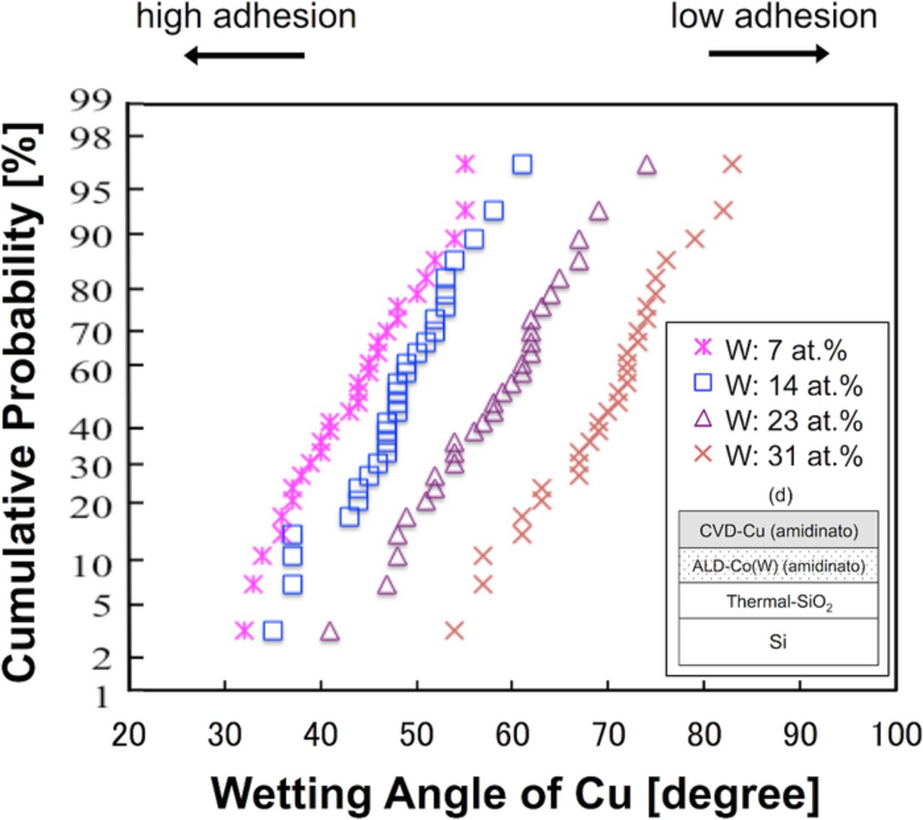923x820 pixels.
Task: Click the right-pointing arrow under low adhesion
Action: click(769, 53)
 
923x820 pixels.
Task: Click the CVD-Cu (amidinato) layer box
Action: click(779, 531)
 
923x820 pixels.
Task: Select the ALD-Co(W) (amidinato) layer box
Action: click(779, 566)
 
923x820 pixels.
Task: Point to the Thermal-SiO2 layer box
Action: click(779, 601)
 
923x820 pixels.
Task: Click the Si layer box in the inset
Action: click(779, 641)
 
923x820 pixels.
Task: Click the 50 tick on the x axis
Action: click(417, 734)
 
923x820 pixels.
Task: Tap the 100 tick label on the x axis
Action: click(896, 734)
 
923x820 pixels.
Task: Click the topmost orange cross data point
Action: click(732, 165)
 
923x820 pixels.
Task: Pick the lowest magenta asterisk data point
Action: click(244, 631)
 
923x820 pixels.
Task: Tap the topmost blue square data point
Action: click(522, 165)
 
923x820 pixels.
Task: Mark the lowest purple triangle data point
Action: click(330, 632)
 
